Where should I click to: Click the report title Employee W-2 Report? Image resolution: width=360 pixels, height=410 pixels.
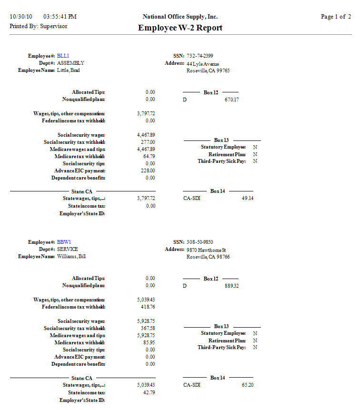[180, 28]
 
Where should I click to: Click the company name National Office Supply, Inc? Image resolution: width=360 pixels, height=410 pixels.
[180, 17]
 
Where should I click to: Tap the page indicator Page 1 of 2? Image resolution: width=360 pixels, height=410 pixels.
[336, 17]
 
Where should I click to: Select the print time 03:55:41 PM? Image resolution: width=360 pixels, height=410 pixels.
[60, 17]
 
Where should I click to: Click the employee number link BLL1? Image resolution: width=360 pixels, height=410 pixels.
[63, 56]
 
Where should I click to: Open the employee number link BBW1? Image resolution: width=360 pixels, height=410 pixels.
[64, 242]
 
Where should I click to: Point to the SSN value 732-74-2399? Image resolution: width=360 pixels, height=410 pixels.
[200, 56]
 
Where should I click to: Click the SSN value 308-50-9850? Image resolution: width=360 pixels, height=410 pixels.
[200, 242]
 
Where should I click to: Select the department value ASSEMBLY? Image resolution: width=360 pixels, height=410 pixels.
[70, 63]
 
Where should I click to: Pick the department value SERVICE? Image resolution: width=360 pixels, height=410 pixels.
[67, 249]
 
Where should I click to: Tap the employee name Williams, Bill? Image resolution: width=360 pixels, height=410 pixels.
[71, 256]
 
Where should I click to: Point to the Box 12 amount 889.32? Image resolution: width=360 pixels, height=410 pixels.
[231, 286]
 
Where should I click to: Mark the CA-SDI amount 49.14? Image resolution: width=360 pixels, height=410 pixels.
[247, 198]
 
